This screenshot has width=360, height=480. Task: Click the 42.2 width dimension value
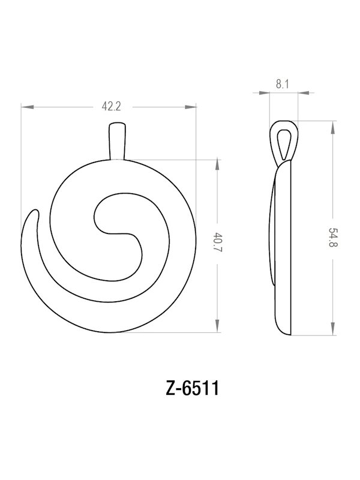pos(112,107)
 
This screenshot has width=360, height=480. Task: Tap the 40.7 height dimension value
pos(217,246)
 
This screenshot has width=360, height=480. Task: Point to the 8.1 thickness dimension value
pos(283,85)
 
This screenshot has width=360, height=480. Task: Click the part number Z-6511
pos(192,388)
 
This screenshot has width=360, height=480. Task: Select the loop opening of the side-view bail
pos(284,142)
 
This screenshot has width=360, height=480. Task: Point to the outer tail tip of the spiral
pos(34,215)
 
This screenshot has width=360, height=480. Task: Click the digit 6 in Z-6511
pos(187,388)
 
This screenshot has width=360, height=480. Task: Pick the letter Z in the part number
pos(170,388)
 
